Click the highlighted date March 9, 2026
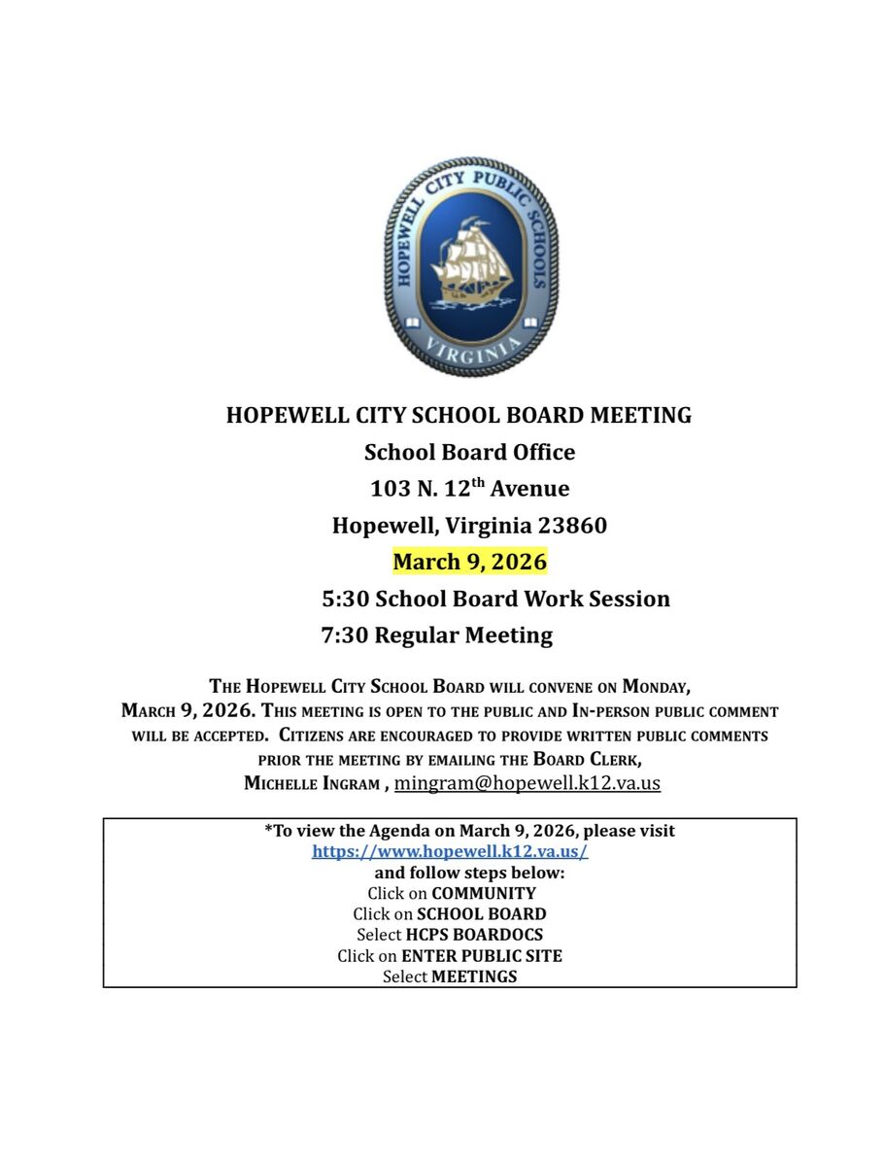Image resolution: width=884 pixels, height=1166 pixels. [x=469, y=562]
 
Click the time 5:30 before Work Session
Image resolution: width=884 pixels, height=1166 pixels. [x=345, y=599]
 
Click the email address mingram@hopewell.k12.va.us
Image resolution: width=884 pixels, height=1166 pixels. [x=527, y=782]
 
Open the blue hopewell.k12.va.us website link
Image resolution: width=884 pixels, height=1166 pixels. [x=450, y=851]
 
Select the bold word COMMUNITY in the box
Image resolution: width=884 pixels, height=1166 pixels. [x=484, y=893]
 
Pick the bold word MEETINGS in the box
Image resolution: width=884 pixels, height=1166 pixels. [x=474, y=977]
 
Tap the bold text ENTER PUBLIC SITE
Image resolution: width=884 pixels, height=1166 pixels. [x=482, y=956]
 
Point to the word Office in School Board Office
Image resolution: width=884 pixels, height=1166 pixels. [x=540, y=452]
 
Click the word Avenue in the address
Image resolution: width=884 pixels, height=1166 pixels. [x=529, y=488]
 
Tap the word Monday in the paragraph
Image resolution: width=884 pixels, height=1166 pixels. [x=656, y=687]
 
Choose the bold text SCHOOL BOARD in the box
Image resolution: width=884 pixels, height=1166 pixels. [x=481, y=914]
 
